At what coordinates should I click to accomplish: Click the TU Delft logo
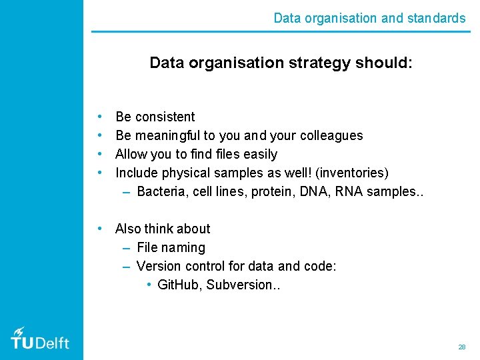[x=40, y=339]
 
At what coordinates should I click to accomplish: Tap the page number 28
[x=461, y=347]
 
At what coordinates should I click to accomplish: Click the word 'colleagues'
[x=331, y=135]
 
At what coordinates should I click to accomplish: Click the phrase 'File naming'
[x=171, y=247]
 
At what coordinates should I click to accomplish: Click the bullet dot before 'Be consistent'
[x=99, y=117]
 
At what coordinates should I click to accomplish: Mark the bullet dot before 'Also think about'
[x=99, y=229]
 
